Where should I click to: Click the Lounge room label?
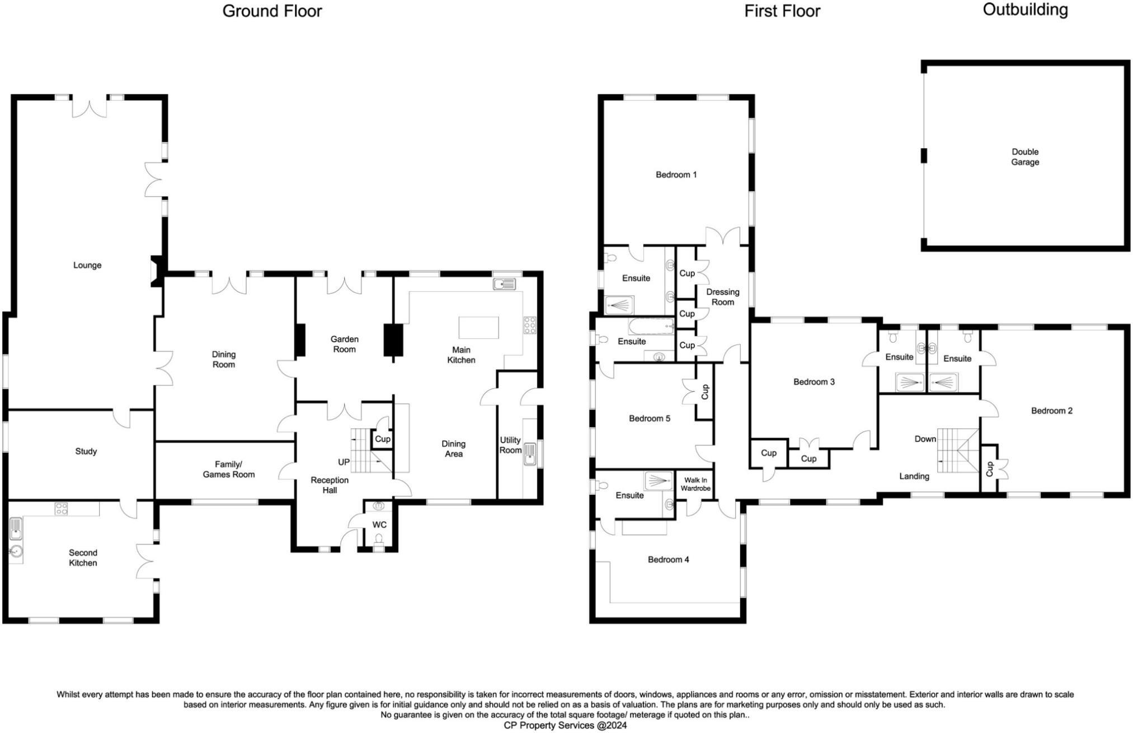[87, 265]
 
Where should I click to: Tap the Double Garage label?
[1025, 157]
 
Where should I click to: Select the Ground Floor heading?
[272, 11]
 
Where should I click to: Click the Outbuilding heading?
[1025, 10]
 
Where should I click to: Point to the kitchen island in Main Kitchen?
[478, 327]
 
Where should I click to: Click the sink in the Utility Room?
[529, 453]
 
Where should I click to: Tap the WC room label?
[379, 524]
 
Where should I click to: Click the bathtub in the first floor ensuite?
[652, 325]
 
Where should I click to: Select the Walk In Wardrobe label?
[695, 484]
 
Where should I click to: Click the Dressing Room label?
[722, 297]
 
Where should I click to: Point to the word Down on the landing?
[925, 439]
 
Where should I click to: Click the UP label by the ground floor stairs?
[344, 462]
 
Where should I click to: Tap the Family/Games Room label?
[228, 469]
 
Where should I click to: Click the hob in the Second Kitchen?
[62, 508]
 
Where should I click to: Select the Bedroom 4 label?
[668, 559]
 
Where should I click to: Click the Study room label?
[86, 451]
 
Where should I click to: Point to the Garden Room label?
[344, 344]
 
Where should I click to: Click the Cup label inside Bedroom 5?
[704, 391]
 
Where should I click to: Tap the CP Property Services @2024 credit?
[565, 725]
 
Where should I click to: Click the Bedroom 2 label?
[1052, 410]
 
